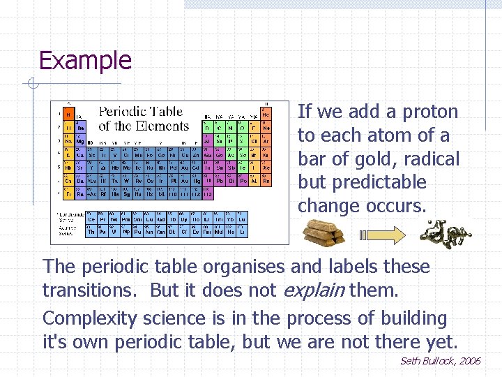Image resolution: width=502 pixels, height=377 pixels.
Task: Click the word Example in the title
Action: pyautogui.click(x=85, y=61)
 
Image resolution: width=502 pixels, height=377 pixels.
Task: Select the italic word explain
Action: pyautogui.click(x=314, y=290)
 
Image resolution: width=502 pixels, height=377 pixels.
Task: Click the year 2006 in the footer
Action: pyautogui.click(x=469, y=361)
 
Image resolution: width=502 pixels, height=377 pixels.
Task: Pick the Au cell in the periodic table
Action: pyautogui.click(x=185, y=180)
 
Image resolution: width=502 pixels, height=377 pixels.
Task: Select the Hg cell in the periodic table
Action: pyautogui.click(x=197, y=180)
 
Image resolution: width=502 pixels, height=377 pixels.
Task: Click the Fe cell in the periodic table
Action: pyautogui.click(x=149, y=154)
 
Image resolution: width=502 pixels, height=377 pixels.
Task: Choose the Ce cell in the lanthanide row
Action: pyautogui.click(x=92, y=219)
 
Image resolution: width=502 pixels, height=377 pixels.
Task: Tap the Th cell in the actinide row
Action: pyautogui.click(x=92, y=232)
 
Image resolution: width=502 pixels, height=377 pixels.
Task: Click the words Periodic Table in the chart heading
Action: pyautogui.click(x=142, y=112)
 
